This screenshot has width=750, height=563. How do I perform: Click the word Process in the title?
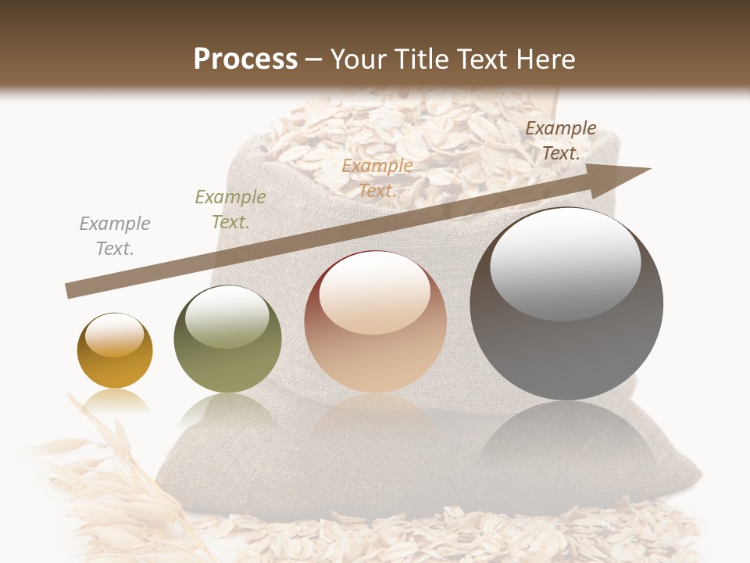click(x=245, y=59)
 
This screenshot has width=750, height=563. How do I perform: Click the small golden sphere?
click(x=115, y=351)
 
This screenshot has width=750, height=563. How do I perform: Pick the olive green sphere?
click(x=227, y=339)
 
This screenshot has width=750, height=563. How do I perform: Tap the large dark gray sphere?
click(x=566, y=305)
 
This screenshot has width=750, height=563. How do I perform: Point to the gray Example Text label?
click(x=115, y=236)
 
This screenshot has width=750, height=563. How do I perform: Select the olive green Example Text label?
click(x=230, y=210)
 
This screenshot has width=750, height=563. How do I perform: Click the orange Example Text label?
click(x=377, y=178)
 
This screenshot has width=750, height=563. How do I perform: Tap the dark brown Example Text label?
click(x=560, y=141)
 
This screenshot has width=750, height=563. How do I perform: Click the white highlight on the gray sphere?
click(x=565, y=263)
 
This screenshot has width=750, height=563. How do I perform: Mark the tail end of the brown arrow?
click(x=69, y=291)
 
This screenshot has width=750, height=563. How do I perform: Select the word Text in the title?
click(x=478, y=59)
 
